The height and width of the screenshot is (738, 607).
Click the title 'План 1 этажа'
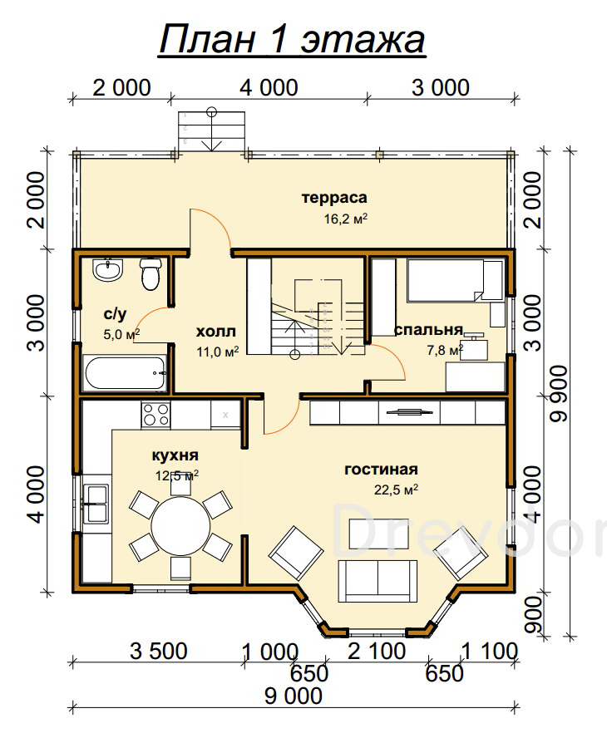(292, 40)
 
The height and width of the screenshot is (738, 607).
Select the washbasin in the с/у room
(108, 270)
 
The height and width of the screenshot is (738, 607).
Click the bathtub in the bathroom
(125, 373)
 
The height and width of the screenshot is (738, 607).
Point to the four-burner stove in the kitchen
(155, 414)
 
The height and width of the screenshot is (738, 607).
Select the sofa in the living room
(378, 581)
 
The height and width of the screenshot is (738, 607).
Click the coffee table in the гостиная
(378, 534)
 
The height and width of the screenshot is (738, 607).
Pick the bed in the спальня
(455, 281)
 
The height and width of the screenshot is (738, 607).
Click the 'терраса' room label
(334, 198)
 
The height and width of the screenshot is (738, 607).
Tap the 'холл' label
(216, 332)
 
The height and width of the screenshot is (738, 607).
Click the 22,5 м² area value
(397, 490)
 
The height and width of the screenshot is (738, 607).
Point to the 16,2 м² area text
(346, 219)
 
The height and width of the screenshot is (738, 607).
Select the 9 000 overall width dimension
(294, 696)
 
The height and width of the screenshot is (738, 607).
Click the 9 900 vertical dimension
(560, 394)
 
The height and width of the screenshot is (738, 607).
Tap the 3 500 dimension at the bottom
(159, 652)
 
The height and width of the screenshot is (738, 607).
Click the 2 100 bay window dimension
(377, 652)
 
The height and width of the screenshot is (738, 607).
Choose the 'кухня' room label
(175, 455)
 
